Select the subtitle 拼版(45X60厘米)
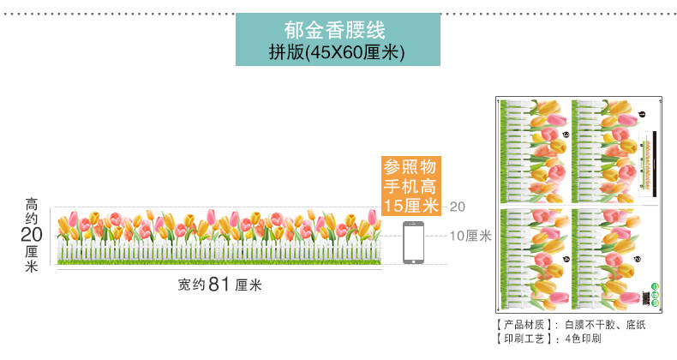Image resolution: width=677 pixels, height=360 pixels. pyautogui.click(x=338, y=52)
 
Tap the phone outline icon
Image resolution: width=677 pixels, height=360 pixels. pyautogui.click(x=414, y=242)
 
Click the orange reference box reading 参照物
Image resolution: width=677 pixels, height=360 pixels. pyautogui.click(x=410, y=166)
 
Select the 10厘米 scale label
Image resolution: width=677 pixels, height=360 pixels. pyautogui.click(x=470, y=236)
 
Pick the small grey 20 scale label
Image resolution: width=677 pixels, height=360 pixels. pyautogui.click(x=457, y=207)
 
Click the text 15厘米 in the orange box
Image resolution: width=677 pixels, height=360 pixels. pyautogui.click(x=410, y=206)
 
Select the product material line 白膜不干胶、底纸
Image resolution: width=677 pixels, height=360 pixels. pyautogui.click(x=597, y=325)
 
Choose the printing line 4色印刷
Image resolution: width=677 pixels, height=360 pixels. pyautogui.click(x=582, y=339)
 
